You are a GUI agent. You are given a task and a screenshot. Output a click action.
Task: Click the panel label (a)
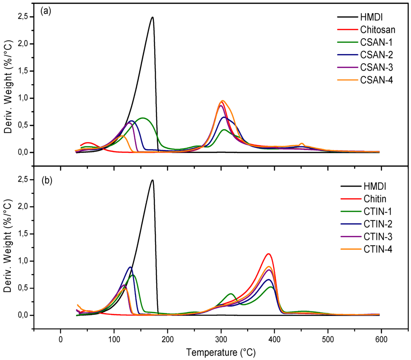[45, 12]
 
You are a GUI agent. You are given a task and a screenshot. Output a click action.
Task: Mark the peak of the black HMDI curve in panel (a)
[152, 17]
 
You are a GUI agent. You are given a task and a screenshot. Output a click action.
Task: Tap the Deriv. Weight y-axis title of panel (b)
[8, 246]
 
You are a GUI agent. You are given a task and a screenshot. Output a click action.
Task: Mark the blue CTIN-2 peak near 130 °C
[130, 267]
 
